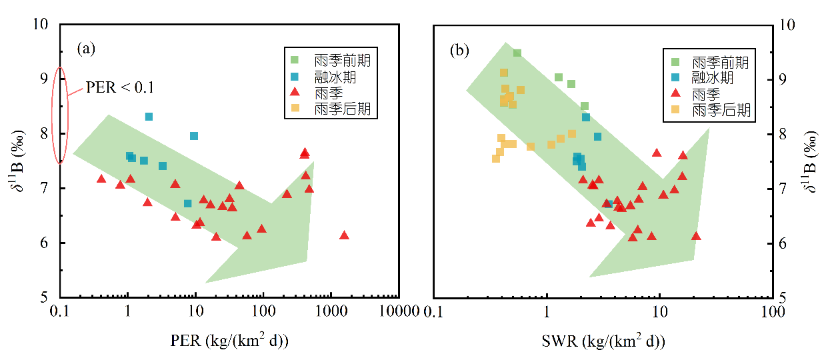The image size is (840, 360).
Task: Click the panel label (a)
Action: [x=87, y=48]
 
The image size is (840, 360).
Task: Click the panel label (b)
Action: [x=460, y=50]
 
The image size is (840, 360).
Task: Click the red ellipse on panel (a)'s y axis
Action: [x=60, y=115]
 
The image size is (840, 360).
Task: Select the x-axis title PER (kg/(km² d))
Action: [x=230, y=342]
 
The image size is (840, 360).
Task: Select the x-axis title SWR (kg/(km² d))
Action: [x=603, y=342]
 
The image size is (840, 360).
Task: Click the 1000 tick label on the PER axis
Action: [x=331, y=312]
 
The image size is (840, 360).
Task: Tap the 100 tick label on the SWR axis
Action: [x=772, y=312]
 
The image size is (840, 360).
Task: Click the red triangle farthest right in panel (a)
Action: [x=344, y=235]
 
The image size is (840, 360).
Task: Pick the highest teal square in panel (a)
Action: [x=149, y=117]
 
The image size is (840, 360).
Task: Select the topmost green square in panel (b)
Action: [x=517, y=53]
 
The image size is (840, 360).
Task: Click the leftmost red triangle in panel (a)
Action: [x=101, y=179]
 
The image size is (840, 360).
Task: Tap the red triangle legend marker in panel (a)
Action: [x=295, y=93]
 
